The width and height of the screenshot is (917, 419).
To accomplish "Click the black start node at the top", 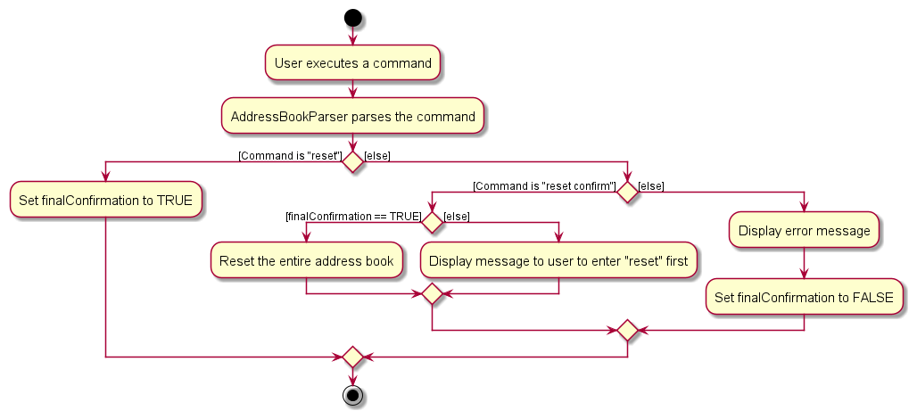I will [x=353, y=18].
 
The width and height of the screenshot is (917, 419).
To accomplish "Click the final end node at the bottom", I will [x=353, y=395].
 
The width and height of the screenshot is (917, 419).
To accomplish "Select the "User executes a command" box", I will [x=353, y=63].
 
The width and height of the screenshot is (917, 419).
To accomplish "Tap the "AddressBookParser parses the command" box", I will [x=353, y=117].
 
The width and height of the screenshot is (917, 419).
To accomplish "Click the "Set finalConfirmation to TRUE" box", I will [x=105, y=200].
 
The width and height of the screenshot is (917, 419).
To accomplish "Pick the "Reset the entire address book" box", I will [x=306, y=261].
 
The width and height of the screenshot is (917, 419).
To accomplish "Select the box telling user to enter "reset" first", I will [x=558, y=261].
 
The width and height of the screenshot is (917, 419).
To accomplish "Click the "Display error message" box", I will [x=804, y=231].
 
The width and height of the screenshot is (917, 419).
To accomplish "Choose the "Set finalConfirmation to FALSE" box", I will [x=804, y=297].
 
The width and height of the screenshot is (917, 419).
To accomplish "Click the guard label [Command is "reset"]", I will [x=290, y=156].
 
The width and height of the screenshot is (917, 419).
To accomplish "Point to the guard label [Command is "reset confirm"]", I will [x=544, y=186].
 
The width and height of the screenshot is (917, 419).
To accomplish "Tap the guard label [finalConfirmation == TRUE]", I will [x=353, y=217].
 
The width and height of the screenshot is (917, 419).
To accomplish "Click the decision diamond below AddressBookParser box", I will [x=353, y=162].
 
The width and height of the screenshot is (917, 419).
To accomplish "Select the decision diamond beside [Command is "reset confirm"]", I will [x=628, y=192].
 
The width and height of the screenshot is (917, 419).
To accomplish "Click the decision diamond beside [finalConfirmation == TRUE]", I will [x=433, y=222].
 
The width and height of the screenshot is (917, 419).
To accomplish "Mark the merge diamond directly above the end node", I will [x=353, y=357].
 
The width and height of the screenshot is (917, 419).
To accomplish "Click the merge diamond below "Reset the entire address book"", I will [x=433, y=294].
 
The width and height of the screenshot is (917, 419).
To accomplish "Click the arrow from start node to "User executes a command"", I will [x=353, y=36].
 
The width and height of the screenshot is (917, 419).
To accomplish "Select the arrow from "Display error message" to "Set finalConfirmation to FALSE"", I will [x=804, y=264].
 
